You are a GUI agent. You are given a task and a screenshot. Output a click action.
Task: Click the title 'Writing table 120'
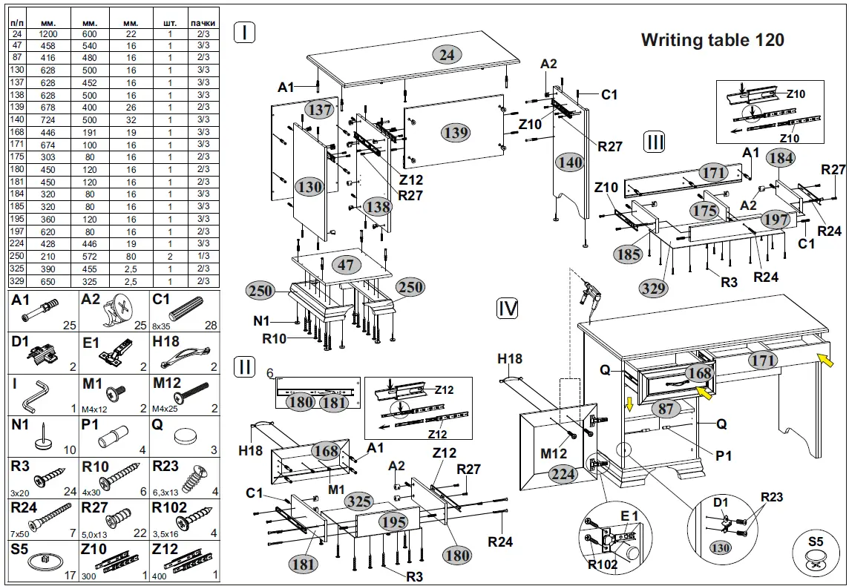coord(712,40)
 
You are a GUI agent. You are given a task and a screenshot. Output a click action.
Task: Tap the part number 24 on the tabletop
coord(447,54)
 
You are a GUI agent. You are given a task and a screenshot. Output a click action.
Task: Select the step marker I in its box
coord(245,32)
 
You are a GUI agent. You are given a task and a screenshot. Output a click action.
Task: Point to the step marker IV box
coord(508,309)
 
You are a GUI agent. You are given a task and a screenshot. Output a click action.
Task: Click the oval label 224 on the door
coord(563,475)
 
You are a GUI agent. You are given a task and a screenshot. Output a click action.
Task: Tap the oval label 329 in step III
coord(653,288)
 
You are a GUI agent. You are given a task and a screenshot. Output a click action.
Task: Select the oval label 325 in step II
coord(360,501)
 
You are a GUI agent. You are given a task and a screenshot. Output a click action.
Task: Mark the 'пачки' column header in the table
coord(202,24)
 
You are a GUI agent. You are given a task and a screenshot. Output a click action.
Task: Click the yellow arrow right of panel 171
coord(825,362)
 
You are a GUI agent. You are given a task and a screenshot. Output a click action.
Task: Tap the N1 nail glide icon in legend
coord(41,438)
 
